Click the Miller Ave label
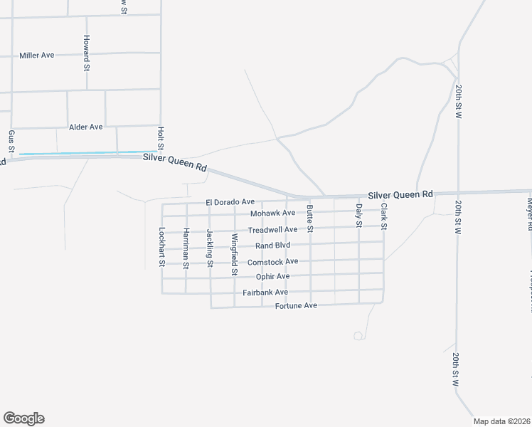coord(37,55)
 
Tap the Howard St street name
coord(86,53)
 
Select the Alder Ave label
coord(86,127)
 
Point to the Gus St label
coord(11,141)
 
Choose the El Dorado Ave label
coord(230,202)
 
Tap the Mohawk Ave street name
coord(272,213)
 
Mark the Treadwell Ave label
coord(272,230)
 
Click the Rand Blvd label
coord(274,246)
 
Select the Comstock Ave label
coord(272,262)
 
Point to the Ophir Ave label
coord(273,276)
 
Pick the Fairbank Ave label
coord(265,292)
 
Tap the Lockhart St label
coord(162,246)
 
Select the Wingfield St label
coord(233,254)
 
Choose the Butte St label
coord(309,218)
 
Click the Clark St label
coord(383,216)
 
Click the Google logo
coord(23,418)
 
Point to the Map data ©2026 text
coord(501,421)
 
